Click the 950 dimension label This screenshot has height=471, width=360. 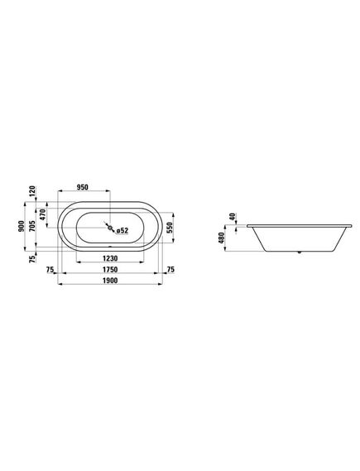83,187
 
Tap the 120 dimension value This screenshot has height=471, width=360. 32,191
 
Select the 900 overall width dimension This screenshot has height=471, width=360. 21,226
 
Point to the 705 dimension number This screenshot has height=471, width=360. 32,226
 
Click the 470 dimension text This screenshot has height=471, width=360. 42,214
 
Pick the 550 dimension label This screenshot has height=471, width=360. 170,228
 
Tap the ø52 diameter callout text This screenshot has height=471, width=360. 122,230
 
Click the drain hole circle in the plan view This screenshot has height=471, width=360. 111,228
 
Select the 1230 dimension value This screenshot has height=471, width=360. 110,258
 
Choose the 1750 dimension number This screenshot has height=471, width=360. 110,270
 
